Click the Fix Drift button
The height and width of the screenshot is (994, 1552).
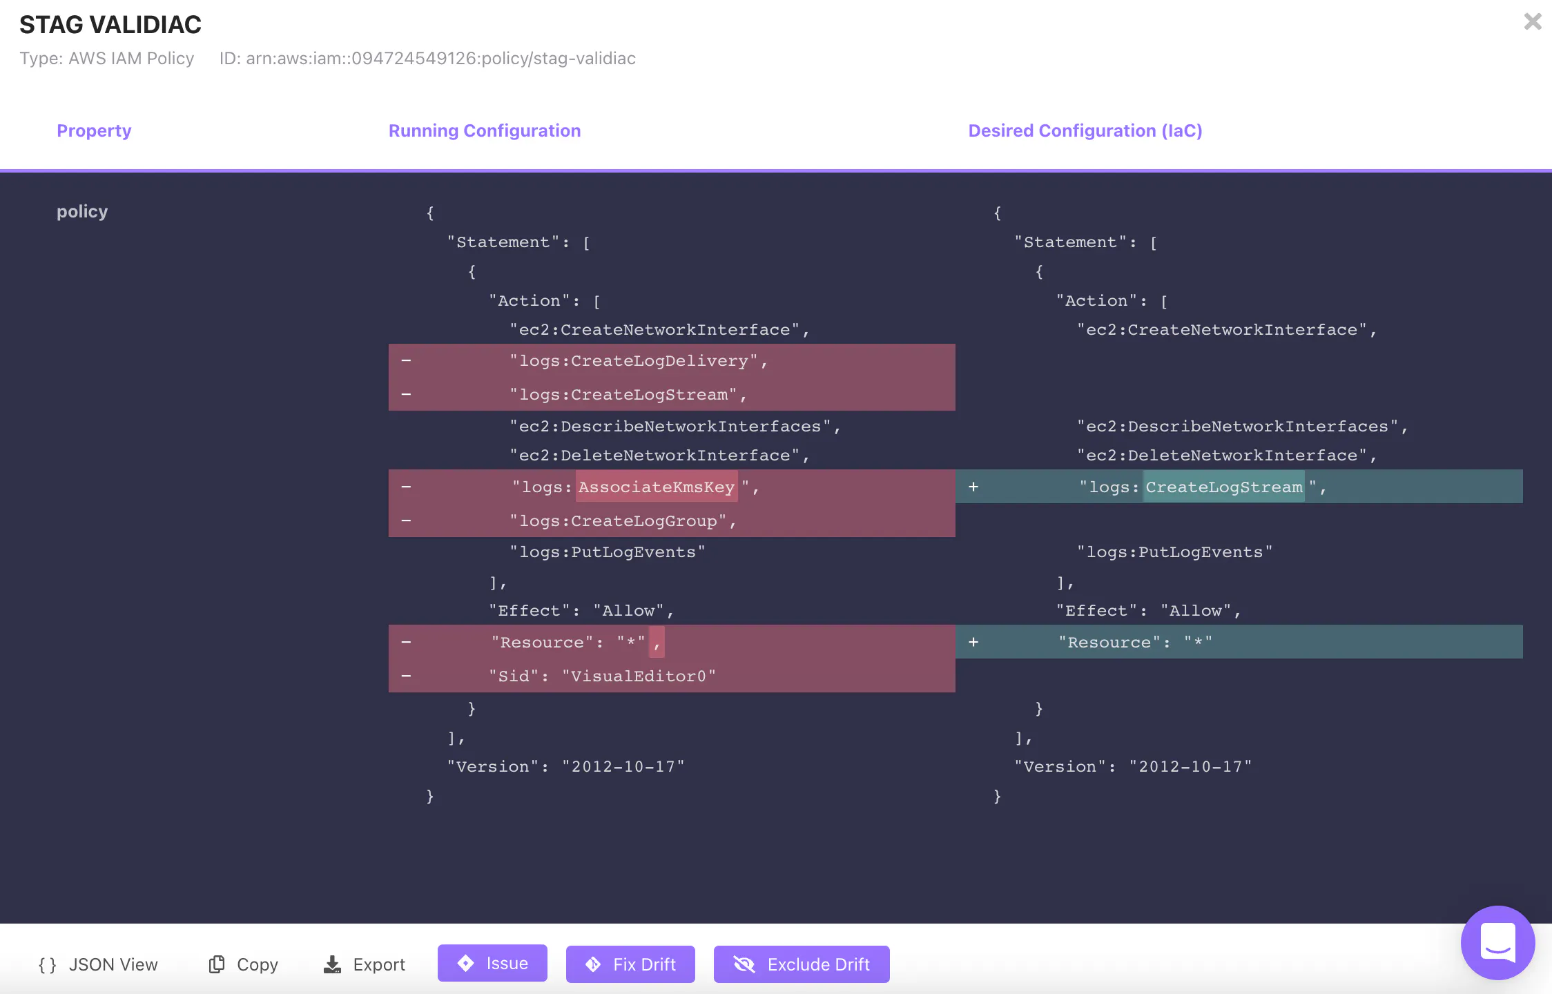pos(630,964)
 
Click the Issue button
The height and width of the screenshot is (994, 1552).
pos(492,963)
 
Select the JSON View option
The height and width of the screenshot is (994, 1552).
pos(98,964)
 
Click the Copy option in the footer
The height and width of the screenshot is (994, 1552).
pos(243,964)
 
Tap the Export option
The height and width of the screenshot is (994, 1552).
pos(365,964)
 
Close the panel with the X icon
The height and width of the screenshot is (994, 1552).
pos(1533,22)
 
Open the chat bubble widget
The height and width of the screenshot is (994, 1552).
pos(1497,942)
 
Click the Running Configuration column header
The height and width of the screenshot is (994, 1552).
pos(485,130)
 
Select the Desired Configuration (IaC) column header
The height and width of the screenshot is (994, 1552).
pos(1085,130)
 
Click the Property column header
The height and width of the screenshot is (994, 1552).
pos(94,130)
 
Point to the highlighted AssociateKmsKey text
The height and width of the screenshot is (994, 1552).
pos(657,487)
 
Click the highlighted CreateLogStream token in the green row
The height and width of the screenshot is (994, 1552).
pos(1224,487)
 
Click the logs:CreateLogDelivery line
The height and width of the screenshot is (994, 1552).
pos(639,361)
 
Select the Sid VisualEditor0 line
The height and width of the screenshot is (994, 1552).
pos(602,676)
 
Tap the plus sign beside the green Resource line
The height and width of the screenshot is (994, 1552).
pos(973,642)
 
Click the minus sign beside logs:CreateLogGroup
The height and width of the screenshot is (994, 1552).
pos(406,520)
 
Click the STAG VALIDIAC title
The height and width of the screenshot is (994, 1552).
pos(110,25)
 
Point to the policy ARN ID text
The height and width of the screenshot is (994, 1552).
pos(427,59)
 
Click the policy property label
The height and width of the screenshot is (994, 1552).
pos(82,211)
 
